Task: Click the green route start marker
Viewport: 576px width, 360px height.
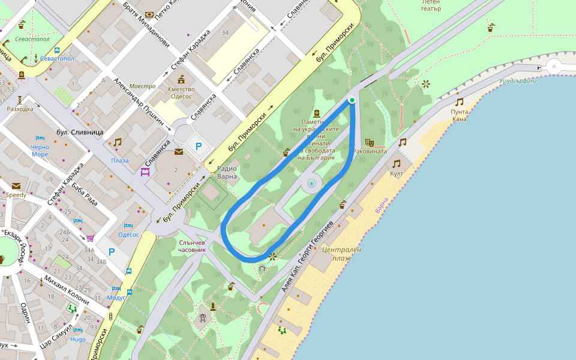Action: click(352, 100)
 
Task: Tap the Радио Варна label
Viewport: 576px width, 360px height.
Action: click(227, 172)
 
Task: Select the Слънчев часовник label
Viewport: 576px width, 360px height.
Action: click(193, 245)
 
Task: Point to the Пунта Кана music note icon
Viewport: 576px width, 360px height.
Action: click(459, 102)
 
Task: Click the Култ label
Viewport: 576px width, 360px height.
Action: click(396, 173)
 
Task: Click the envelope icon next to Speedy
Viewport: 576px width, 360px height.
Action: click(16, 185)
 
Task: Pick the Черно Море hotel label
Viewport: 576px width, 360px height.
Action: click(40, 150)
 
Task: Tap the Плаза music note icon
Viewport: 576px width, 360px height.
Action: click(117, 142)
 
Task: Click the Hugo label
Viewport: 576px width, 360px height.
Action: click(78, 339)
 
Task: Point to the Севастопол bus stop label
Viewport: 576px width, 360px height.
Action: click(58, 59)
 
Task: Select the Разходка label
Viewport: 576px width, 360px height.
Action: click(20, 109)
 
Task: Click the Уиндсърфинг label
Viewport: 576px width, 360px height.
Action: click(518, 81)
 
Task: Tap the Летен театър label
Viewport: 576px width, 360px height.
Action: click(430, 5)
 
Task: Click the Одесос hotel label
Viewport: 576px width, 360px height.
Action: click(128, 235)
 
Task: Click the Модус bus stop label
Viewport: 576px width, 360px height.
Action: click(116, 298)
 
